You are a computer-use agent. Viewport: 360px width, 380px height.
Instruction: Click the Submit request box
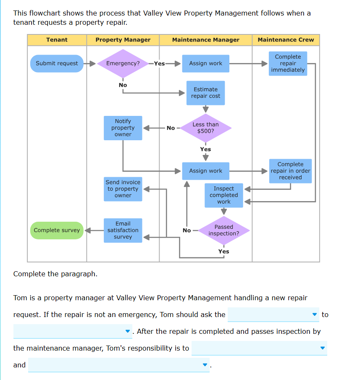57,63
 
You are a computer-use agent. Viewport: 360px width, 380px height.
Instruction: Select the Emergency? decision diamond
123,63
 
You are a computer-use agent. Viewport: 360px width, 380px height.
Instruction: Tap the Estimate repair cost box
205,93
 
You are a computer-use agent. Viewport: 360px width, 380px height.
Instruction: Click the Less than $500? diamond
205,128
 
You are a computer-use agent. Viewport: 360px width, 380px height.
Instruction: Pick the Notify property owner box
123,128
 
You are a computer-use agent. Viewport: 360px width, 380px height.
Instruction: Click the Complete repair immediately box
288,63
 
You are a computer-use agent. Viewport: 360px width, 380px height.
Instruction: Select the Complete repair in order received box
290,171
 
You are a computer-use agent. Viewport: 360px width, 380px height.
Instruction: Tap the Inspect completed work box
223,195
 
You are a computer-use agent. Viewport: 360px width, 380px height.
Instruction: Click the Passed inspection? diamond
223,230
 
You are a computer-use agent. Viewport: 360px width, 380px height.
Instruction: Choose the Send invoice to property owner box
123,189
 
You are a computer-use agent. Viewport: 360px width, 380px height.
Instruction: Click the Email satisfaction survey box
123,230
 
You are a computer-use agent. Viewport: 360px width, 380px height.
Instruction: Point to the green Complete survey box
57,230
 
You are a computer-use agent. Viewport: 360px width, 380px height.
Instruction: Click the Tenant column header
57,40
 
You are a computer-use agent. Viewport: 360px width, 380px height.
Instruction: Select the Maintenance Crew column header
286,40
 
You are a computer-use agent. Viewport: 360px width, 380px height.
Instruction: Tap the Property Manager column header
123,40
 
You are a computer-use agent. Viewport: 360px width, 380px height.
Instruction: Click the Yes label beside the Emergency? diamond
159,64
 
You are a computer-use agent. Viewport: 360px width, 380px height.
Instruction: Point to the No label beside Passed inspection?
187,231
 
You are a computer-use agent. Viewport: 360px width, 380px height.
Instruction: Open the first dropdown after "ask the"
273,314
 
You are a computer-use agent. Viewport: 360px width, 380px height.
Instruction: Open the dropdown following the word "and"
118,365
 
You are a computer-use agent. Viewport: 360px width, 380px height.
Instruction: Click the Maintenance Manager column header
205,40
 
